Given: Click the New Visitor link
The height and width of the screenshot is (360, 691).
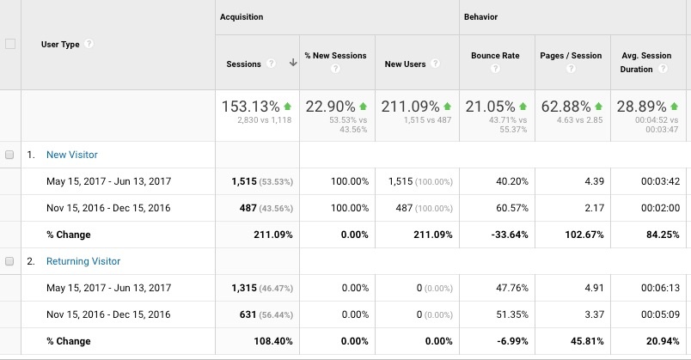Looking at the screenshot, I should coord(72,156).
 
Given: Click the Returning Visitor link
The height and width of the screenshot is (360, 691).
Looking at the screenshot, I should coord(83,261).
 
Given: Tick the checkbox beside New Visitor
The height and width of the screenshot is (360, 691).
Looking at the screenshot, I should coord(10,156).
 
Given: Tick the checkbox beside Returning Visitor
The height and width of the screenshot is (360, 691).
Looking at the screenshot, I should coord(10,261).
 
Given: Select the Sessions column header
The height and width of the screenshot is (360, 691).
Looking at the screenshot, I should coord(243,64).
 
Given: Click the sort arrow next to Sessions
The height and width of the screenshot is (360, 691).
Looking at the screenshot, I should coord(293,64).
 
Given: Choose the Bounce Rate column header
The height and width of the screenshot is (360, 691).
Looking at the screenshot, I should coord(495,56).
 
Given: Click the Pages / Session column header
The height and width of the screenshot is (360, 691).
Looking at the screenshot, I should coord(571,56).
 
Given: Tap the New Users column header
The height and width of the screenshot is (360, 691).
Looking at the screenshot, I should coord(405,64).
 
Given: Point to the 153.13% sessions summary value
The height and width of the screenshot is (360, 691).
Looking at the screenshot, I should coord(250,107).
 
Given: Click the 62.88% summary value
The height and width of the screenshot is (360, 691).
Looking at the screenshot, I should coord(564,107).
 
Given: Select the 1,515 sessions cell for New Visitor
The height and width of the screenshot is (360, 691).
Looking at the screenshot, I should coord(245,182).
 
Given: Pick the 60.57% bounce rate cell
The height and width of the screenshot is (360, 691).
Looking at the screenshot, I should coord(502,208).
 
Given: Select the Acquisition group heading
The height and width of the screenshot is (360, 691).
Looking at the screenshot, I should coord(242,16).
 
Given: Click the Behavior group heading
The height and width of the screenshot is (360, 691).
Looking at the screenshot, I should coord(480,16).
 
